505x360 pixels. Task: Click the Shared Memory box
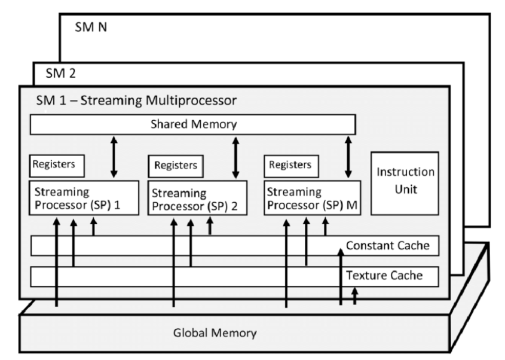(x=192, y=124)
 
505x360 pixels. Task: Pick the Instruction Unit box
(x=405, y=182)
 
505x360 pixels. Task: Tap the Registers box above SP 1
(x=57, y=165)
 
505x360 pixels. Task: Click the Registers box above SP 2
(x=175, y=165)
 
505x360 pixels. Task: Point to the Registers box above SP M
(x=290, y=165)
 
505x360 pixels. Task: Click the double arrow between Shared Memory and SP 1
(x=114, y=157)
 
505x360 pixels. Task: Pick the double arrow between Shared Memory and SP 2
(x=235, y=157)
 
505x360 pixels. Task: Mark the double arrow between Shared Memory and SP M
(x=348, y=157)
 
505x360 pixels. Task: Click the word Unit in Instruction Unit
(x=405, y=191)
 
